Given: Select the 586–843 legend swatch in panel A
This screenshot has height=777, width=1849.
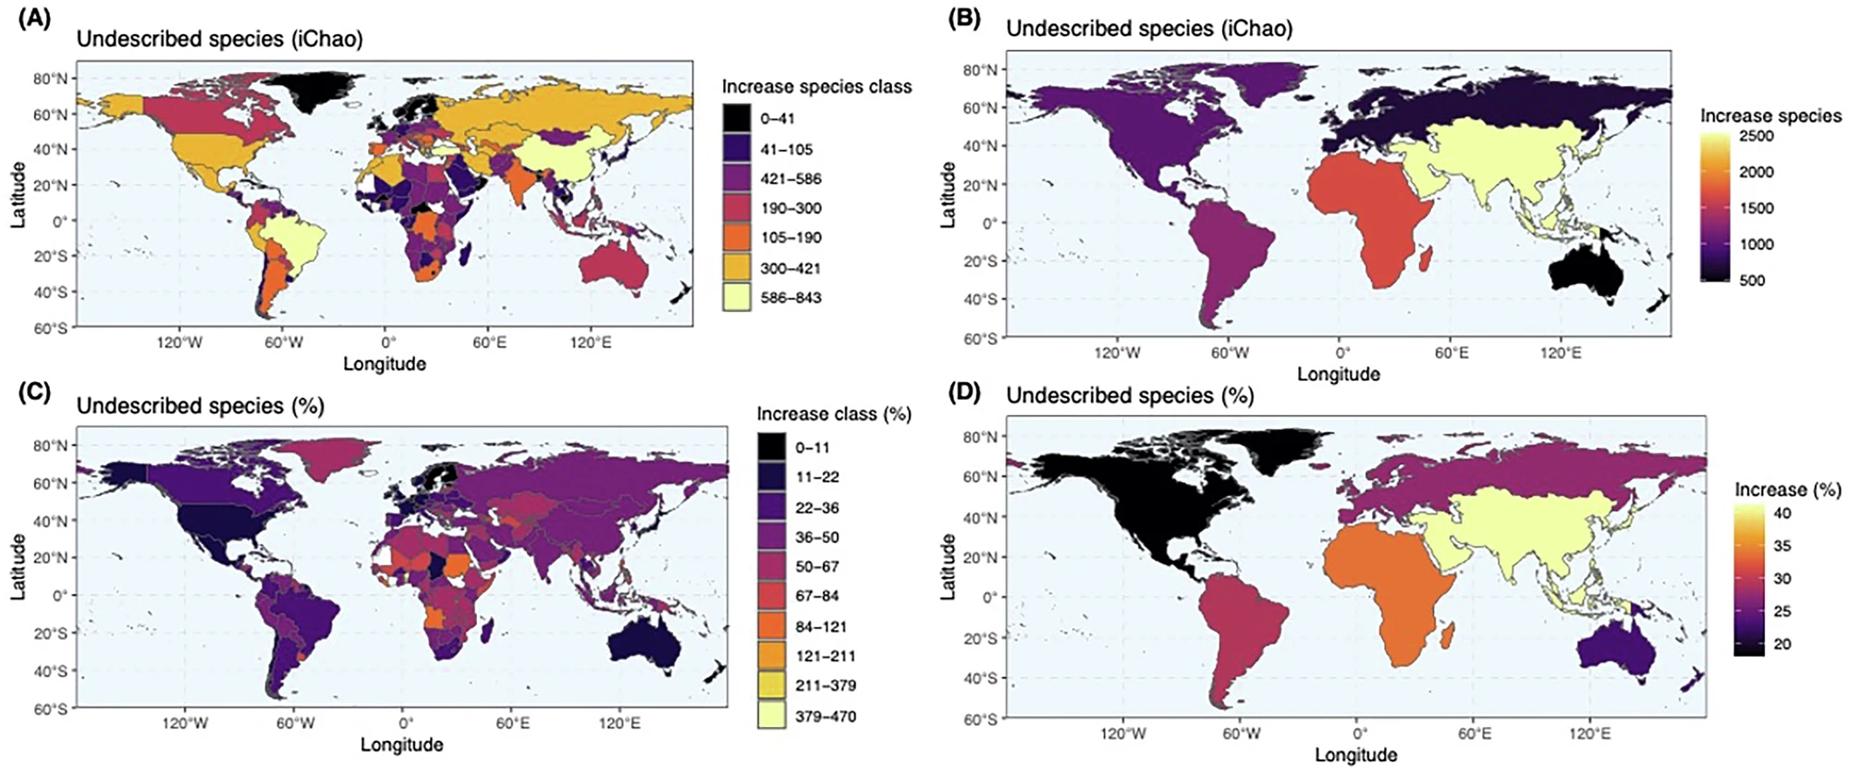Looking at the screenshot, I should [737, 298].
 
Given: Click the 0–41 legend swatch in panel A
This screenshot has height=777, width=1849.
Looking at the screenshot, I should [737, 118].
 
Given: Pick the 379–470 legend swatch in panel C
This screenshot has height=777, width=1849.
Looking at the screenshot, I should [772, 716].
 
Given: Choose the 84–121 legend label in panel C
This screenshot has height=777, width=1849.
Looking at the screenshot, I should [821, 626].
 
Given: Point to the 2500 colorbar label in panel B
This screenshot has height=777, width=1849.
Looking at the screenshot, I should [1757, 136].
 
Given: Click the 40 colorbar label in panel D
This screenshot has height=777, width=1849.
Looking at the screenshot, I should [1782, 513].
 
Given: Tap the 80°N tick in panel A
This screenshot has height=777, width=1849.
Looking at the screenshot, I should [51, 79].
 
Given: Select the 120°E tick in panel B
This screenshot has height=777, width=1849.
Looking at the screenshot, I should [1561, 353].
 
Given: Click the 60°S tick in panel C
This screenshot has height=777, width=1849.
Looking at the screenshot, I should [51, 709].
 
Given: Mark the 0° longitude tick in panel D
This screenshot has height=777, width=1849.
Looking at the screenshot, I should [1358, 734].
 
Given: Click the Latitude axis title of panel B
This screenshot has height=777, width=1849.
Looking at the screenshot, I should [948, 195].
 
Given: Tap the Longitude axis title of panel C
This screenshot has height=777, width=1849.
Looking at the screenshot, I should [401, 745].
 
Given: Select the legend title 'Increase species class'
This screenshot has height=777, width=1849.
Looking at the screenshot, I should [816, 87].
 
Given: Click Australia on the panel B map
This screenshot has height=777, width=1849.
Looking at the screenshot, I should [1581, 273].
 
